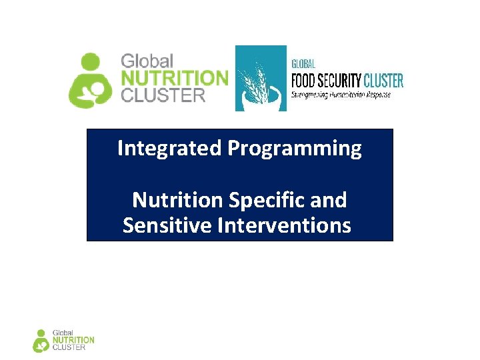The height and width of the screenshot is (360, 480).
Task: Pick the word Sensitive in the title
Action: [x=167, y=225]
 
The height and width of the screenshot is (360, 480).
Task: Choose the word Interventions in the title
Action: [x=284, y=225]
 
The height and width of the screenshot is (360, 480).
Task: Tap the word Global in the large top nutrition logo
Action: [x=147, y=61]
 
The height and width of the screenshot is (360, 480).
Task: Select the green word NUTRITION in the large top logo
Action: [x=174, y=78]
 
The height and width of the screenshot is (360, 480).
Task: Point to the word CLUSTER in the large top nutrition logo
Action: [x=163, y=95]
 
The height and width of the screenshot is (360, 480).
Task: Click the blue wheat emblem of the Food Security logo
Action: [x=261, y=78]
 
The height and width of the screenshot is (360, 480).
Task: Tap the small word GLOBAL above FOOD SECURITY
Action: [x=303, y=64]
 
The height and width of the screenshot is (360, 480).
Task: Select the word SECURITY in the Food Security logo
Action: [x=342, y=81]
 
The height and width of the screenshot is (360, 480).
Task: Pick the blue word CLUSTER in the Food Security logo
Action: [x=383, y=81]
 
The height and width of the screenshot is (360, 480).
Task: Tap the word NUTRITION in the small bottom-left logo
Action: [x=73, y=340]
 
